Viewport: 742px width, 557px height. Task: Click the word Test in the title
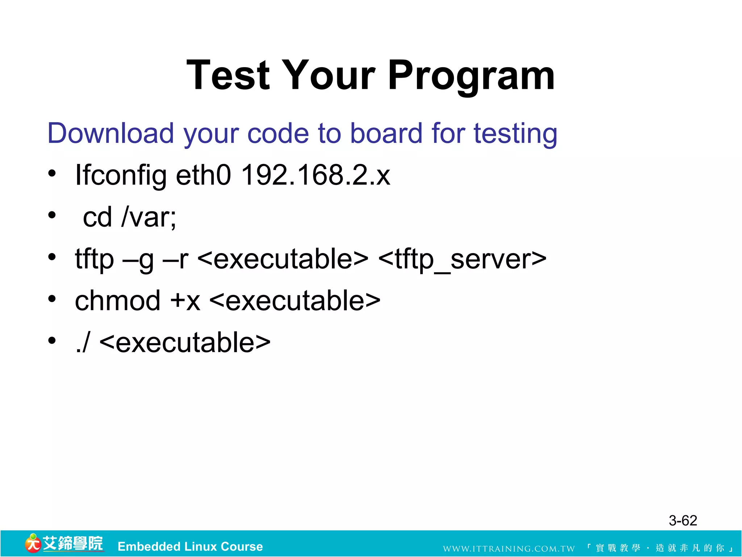tap(228, 75)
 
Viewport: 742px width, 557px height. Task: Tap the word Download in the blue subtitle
tap(111, 133)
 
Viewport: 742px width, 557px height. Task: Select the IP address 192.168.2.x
tap(316, 175)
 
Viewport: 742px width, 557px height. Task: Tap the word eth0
tap(203, 175)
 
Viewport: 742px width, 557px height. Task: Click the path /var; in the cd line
tap(149, 217)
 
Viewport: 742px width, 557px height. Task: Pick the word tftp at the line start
tap(94, 260)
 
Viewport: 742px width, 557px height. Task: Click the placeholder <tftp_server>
tap(462, 260)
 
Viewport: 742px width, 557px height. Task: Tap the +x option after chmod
tap(185, 301)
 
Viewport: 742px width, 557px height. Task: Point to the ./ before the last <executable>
tap(83, 343)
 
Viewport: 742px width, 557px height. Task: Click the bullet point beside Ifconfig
tap(52, 173)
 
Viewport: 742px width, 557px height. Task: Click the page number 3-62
tap(683, 521)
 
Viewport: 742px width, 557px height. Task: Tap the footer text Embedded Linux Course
tap(190, 546)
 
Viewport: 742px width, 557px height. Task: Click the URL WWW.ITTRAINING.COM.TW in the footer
tap(509, 548)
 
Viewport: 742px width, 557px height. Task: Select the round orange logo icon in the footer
tap(33, 544)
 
